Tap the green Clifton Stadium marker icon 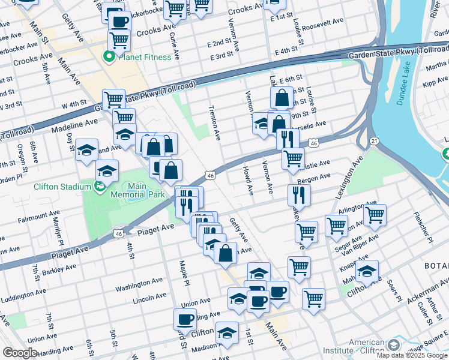[x=100, y=187]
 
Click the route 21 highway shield [x=373, y=140]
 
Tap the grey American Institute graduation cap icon [x=393, y=345]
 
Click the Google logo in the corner [x=19, y=353]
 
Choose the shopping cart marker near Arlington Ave [x=375, y=214]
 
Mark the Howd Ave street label [x=247, y=180]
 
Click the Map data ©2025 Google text [x=412, y=355]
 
